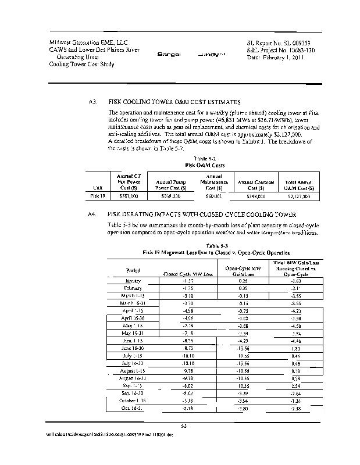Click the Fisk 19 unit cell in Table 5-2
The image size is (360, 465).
pos(97,196)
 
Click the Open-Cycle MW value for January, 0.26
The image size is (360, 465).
pos(243,280)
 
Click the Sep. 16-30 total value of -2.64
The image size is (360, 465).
pos(296,393)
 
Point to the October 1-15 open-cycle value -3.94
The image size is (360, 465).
pos(243,401)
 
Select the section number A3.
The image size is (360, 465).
pos(91,102)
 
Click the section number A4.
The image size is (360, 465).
pos(91,213)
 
